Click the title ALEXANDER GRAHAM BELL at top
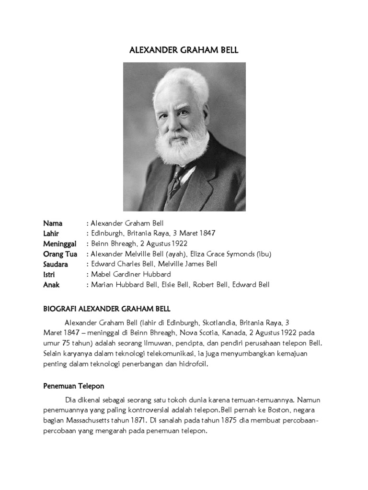(x=184, y=50)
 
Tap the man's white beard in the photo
(x=182, y=146)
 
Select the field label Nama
(x=53, y=223)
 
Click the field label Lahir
(x=52, y=234)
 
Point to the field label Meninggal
(x=60, y=244)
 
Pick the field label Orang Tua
(x=60, y=254)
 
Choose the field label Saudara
(x=56, y=264)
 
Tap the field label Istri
(x=50, y=275)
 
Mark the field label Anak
(x=51, y=285)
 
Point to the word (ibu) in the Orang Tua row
(x=263, y=254)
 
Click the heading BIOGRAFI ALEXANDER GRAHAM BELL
(x=107, y=309)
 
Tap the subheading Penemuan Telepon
(x=73, y=386)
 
